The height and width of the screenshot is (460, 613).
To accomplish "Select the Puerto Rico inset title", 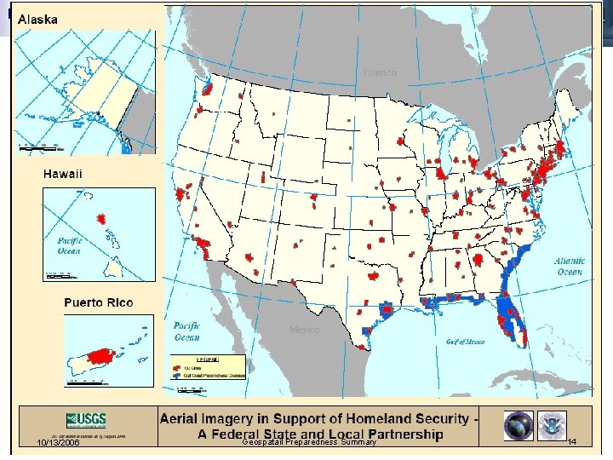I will (x=99, y=302).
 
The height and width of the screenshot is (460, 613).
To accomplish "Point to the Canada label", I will (x=380, y=73).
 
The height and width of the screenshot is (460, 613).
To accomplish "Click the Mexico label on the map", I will (x=305, y=330).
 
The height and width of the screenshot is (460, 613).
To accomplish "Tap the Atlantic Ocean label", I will (x=570, y=267).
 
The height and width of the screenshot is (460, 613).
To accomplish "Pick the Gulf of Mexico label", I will (x=465, y=341).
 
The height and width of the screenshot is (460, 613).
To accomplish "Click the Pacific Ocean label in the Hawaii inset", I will (x=69, y=246).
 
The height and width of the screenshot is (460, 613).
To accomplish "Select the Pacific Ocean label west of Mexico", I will (x=187, y=331).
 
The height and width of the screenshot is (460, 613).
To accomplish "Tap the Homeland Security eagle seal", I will (x=554, y=425).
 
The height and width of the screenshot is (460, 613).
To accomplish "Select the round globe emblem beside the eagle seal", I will (x=518, y=425).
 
